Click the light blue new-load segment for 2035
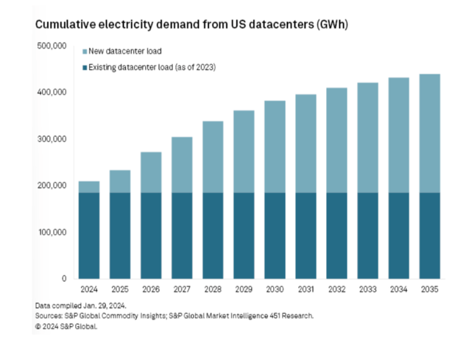[429, 133]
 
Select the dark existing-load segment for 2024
[89, 236]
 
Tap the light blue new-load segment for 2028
[213, 157]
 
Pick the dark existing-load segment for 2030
[275, 236]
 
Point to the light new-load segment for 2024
[89, 187]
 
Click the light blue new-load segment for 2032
[336, 140]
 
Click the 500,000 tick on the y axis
[52, 46]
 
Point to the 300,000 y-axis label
[52, 139]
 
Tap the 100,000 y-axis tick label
[52, 233]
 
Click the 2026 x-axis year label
[151, 290]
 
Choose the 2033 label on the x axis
[367, 290]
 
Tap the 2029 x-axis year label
[244, 290]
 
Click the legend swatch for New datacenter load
[82, 51]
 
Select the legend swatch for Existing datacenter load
[82, 68]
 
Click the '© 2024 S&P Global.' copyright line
[66, 326]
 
